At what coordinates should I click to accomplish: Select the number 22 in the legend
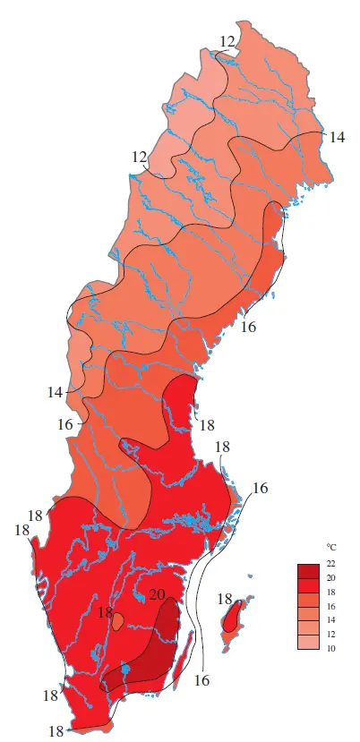pyautogui.click(x=330, y=564)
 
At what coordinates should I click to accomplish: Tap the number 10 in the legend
pyautogui.click(x=330, y=649)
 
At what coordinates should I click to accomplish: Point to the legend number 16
pyautogui.click(x=330, y=606)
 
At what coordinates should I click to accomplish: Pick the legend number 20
pyautogui.click(x=330, y=578)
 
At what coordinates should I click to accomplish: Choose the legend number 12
pyautogui.click(x=330, y=635)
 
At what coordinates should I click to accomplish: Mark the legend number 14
pyautogui.click(x=330, y=620)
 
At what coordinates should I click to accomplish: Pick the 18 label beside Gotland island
pyautogui.click(x=225, y=599)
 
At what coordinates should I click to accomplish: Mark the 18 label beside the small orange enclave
pyautogui.click(x=106, y=613)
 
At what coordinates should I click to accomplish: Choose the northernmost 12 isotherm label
pyautogui.click(x=228, y=40)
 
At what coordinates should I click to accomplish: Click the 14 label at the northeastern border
pyautogui.click(x=337, y=137)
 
